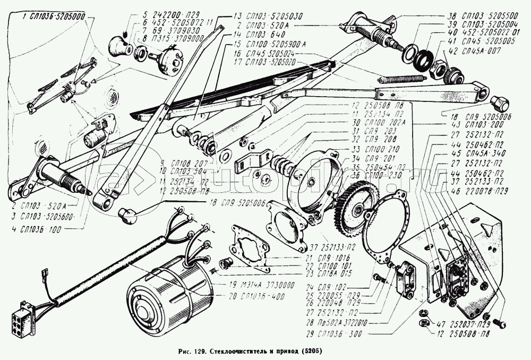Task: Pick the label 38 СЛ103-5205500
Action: [x=473, y=16]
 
